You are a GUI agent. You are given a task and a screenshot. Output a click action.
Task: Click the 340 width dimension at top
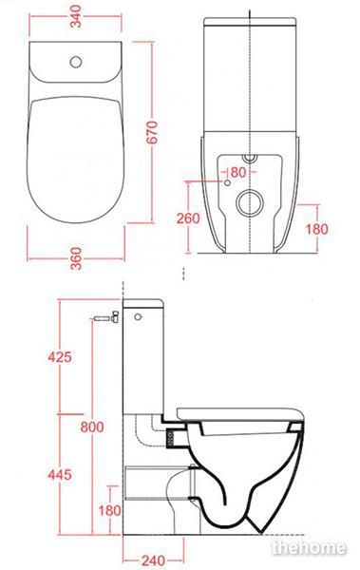coord(76,17)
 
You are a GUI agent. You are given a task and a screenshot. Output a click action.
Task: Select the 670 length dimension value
coord(153,132)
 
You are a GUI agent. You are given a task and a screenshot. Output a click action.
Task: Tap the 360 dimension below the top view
coord(76,258)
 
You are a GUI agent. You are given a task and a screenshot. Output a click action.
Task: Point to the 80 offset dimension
coord(237,172)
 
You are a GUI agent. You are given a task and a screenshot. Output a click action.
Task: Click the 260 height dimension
coord(188,218)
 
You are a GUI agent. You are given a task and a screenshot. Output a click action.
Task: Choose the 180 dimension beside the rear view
coord(316,229)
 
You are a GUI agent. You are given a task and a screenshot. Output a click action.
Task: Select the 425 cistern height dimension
coord(60,357)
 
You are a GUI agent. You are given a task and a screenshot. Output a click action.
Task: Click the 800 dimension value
coord(92,427)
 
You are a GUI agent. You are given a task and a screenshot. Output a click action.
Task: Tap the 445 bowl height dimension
coord(60,474)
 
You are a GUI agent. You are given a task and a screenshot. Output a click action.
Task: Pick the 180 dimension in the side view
coord(110,510)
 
